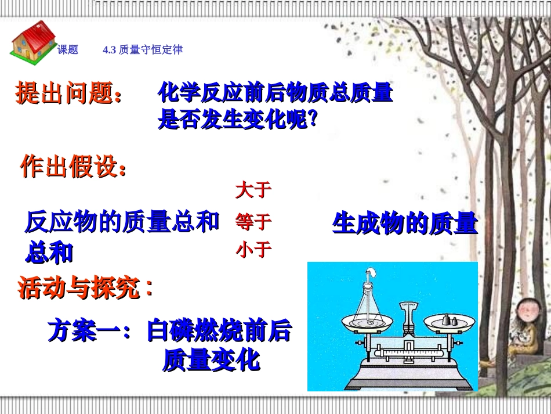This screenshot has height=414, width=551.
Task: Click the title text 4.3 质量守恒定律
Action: coord(143,50)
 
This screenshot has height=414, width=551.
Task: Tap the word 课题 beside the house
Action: coord(68,50)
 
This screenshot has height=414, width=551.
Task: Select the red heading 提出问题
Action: coord(69,93)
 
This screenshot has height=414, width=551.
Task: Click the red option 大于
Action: coord(253,190)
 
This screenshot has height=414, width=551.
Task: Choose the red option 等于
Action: coord(253,221)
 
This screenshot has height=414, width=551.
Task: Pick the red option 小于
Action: coord(253,250)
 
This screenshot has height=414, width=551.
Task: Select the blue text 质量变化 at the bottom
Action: coord(211,361)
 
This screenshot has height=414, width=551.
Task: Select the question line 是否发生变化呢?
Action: coord(238,120)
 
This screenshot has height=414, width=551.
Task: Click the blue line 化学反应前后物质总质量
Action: coord(275,93)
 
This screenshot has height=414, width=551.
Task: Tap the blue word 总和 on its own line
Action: coord(49,252)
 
